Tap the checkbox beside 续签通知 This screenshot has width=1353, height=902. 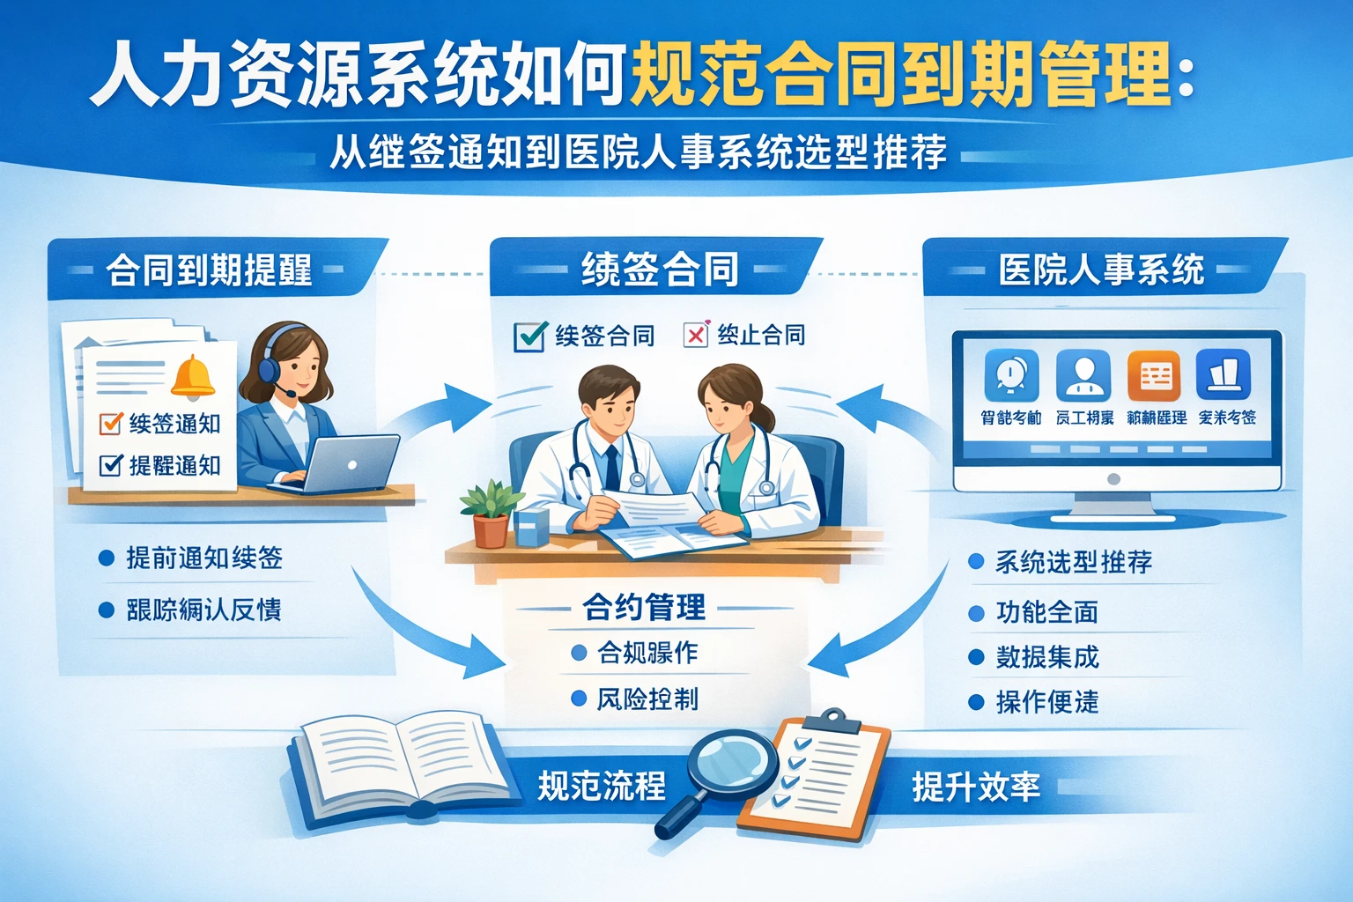(x=111, y=424)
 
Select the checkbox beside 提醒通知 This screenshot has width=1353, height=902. (x=111, y=464)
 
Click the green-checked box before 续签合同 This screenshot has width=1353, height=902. (x=529, y=336)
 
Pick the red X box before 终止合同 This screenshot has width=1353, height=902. (x=696, y=335)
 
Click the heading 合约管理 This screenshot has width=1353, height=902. (x=644, y=607)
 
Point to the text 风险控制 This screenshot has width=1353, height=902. (x=647, y=699)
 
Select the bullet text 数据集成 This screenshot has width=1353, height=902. (x=1047, y=657)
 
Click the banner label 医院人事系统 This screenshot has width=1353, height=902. (x=1101, y=270)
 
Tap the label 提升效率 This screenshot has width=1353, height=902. (x=976, y=787)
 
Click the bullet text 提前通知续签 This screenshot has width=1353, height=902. (x=204, y=558)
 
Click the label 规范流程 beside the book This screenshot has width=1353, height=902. (x=602, y=786)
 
